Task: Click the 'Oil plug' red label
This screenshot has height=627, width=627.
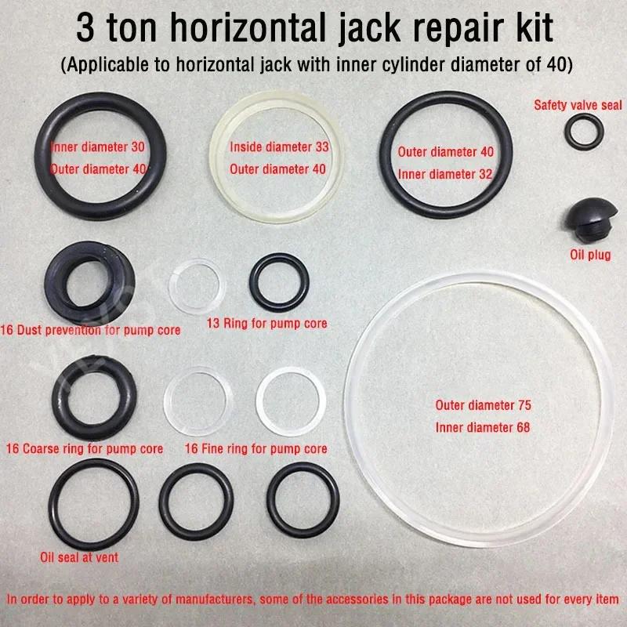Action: click(x=589, y=254)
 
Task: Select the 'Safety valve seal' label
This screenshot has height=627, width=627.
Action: click(x=578, y=103)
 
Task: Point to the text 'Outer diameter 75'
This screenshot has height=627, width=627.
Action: click(x=483, y=406)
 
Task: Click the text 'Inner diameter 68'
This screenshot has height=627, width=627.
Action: click(x=483, y=427)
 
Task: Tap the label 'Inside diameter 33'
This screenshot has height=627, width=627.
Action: click(x=279, y=147)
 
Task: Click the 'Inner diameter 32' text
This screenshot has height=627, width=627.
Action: click(x=445, y=174)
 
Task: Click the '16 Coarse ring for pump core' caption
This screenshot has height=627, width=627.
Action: click(x=84, y=449)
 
